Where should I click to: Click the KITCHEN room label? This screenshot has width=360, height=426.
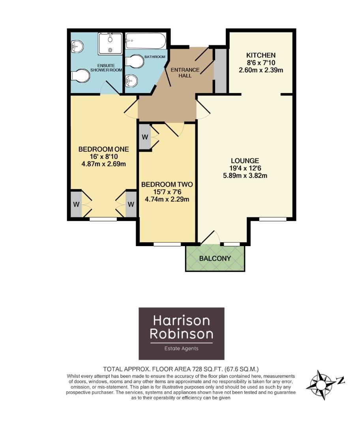(x=261, y=55)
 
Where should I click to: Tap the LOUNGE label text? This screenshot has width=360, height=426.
(x=245, y=161)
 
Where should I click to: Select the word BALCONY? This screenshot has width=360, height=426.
(x=215, y=259)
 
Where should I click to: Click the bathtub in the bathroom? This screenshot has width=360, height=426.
(x=145, y=41)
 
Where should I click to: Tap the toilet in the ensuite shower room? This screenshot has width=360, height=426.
(x=80, y=76)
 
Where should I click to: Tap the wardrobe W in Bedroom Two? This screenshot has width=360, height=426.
(x=145, y=137)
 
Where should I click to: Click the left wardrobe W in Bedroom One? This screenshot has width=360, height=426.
(x=75, y=204)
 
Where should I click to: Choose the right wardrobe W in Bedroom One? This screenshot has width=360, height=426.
(x=131, y=204)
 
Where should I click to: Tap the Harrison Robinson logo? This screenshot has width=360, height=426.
(x=181, y=333)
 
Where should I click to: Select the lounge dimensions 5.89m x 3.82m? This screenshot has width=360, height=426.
(x=245, y=176)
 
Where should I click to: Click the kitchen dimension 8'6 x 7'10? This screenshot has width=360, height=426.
(x=261, y=63)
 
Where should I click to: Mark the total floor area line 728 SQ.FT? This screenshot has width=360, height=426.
(x=181, y=369)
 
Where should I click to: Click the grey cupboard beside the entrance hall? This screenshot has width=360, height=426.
(x=221, y=71)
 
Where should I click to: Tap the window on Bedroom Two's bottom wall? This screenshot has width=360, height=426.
(x=167, y=244)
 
